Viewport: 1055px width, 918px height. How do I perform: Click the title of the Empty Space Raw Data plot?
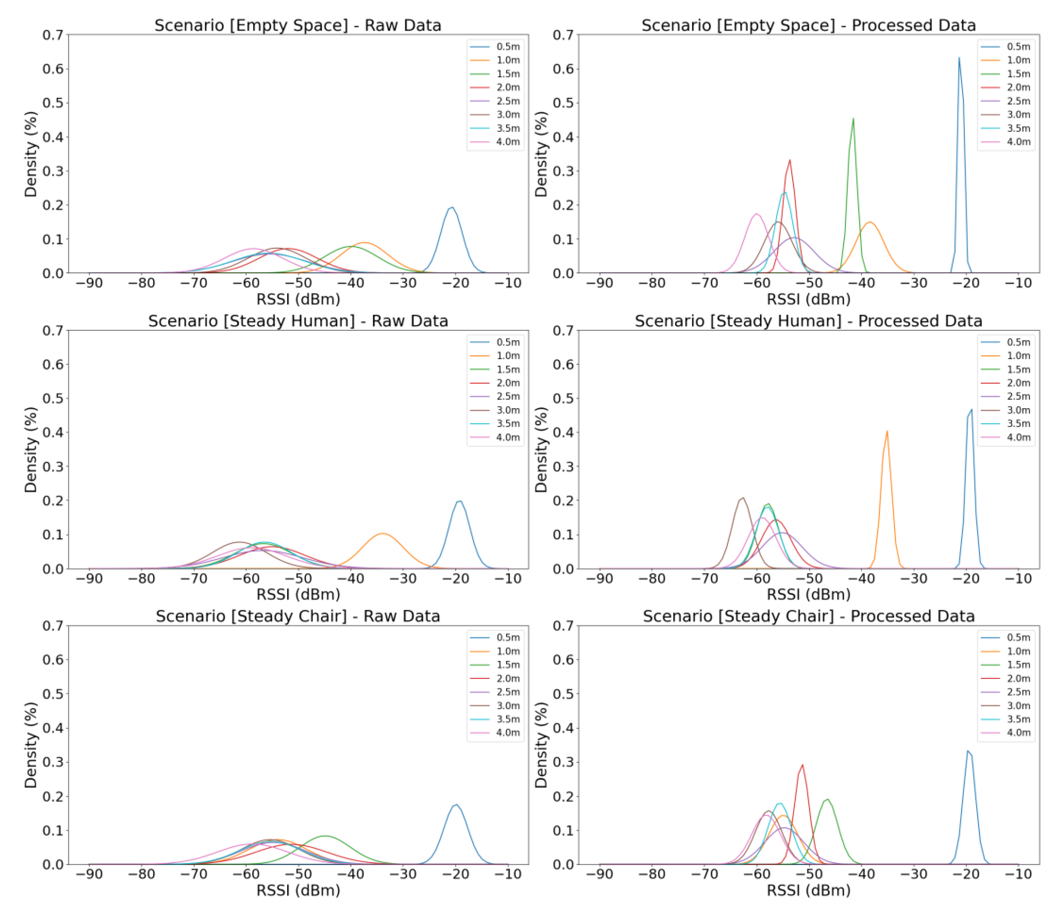click(298, 26)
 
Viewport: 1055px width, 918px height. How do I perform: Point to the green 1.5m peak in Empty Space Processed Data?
click(853, 119)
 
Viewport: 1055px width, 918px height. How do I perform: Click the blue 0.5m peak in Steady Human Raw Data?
click(459, 501)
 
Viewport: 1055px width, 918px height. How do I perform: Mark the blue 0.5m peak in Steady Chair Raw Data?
click(455, 805)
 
